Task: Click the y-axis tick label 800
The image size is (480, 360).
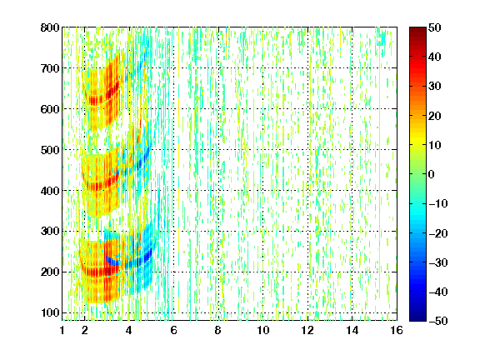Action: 50,27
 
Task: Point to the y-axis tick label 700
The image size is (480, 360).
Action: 50,68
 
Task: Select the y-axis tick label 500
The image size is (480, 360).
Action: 50,150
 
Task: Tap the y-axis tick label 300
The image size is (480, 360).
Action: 50,232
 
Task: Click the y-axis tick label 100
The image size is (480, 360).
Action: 50,312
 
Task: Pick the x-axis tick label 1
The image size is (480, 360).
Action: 62,330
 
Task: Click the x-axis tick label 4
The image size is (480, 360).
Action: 129,330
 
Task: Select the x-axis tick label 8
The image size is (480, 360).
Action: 218,330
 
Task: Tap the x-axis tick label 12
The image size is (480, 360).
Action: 307,330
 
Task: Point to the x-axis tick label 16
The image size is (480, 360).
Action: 397,330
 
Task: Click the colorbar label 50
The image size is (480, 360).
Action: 435,27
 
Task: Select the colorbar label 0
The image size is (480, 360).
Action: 432,174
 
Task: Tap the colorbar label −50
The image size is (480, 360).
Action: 438,321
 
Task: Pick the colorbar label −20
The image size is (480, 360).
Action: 438,233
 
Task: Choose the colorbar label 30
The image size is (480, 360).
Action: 435,87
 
